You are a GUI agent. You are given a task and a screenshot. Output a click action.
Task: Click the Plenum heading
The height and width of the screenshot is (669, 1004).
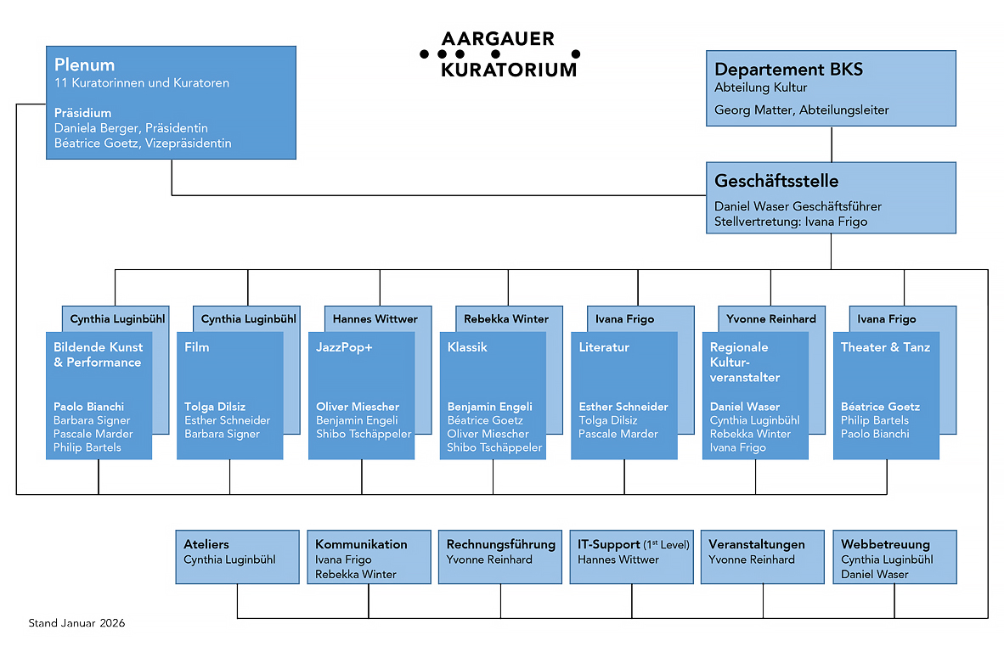click(85, 65)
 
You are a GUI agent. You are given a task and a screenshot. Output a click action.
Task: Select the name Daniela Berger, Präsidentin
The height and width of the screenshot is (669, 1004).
click(131, 128)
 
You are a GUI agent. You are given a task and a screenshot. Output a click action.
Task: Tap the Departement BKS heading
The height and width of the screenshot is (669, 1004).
click(788, 70)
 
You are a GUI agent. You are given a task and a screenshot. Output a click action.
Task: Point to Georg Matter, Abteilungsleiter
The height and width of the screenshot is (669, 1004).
click(801, 110)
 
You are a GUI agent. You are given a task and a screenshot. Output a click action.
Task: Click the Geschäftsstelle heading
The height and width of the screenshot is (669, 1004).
click(776, 181)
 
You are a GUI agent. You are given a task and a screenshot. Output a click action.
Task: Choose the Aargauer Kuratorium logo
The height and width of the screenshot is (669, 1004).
click(499, 54)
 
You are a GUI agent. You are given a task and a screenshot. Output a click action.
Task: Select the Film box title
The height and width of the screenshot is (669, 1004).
click(197, 347)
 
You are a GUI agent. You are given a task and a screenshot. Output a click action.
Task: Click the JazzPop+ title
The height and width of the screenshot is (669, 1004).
click(344, 347)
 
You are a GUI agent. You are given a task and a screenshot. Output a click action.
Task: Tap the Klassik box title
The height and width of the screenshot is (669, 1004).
click(467, 347)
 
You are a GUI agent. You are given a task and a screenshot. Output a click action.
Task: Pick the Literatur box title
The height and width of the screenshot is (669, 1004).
click(604, 347)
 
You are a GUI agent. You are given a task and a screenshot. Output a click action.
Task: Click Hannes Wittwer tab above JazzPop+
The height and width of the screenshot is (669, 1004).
click(375, 319)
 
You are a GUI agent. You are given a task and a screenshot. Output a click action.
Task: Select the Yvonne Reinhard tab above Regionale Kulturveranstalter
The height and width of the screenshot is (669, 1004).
click(770, 319)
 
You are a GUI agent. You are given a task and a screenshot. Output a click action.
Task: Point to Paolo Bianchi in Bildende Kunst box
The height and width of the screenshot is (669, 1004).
click(88, 407)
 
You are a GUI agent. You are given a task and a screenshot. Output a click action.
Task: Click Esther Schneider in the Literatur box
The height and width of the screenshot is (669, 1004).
click(623, 407)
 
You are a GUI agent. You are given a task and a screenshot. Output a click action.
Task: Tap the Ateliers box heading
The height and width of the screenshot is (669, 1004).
click(206, 544)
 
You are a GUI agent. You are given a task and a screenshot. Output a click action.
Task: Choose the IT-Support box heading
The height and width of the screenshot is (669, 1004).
click(634, 544)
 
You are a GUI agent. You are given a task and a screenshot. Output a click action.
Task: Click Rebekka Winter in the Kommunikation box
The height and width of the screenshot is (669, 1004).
click(356, 574)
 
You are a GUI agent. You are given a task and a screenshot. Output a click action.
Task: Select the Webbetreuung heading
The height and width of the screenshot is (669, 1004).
click(885, 544)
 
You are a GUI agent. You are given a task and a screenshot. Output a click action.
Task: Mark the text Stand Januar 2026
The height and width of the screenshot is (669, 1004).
click(76, 623)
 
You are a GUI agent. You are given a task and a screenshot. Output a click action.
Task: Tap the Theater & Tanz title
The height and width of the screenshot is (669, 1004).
click(885, 347)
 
